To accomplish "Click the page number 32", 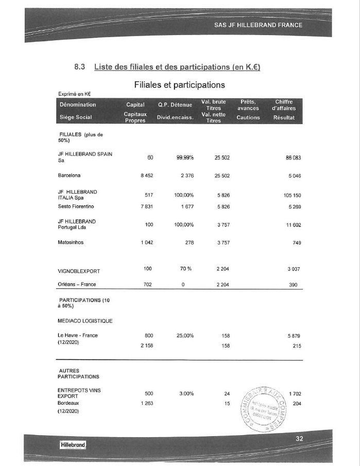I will (300, 438).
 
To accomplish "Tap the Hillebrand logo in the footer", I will (72, 444).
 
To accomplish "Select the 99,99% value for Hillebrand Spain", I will (184, 158).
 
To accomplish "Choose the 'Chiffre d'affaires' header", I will (284, 105).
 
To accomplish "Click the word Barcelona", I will (70, 176).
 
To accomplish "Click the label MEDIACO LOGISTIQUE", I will (85, 321).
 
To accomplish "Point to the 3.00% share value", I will (186, 394).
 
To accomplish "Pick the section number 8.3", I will (80, 67).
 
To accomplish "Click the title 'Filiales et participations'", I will (179, 84).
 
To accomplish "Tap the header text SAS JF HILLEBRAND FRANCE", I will (259, 25).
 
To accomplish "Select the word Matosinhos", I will (72, 242).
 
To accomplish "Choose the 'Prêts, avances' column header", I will (248, 105).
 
